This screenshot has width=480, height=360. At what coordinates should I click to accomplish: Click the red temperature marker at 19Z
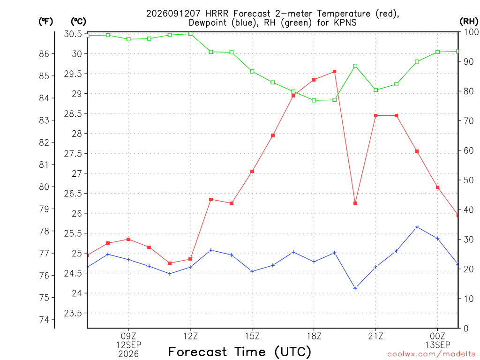point(335,72)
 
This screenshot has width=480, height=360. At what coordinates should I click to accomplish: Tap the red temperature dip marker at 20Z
point(355,203)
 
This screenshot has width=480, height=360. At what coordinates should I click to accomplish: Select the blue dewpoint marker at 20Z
point(355,288)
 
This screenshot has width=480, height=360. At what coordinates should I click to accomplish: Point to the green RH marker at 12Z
point(190,34)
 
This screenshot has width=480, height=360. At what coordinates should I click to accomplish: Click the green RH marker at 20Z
point(355,66)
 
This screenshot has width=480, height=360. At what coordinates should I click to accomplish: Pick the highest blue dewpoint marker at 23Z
point(417,227)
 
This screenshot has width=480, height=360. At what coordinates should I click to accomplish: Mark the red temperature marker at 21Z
point(376,115)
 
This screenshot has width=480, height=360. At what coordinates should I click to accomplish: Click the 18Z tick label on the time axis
point(314,337)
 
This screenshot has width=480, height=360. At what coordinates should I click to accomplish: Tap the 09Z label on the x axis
point(128,337)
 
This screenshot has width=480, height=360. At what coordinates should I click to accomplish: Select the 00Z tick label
point(437,337)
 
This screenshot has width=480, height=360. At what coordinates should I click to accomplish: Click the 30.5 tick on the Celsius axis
point(73,34)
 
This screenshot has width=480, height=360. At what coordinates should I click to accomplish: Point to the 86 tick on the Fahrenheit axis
point(45,54)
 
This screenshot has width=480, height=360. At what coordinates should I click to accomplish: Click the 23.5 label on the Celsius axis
point(73,313)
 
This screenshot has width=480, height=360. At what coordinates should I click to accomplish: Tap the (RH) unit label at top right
point(469,21)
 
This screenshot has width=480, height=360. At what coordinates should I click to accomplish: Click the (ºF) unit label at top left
point(45,22)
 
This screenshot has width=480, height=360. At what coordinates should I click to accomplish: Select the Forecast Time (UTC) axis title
point(240,352)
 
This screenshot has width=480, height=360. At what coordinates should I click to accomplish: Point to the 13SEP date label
point(437,345)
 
